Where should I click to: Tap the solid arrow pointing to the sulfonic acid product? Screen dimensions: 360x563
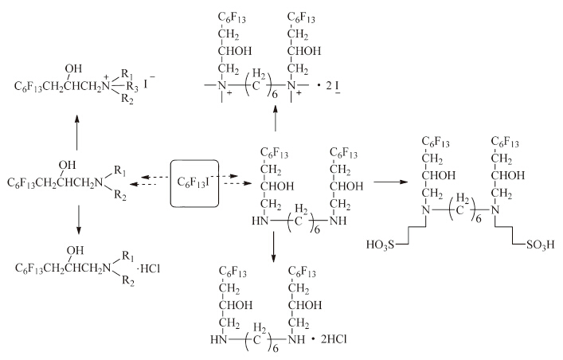point(390,182)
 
